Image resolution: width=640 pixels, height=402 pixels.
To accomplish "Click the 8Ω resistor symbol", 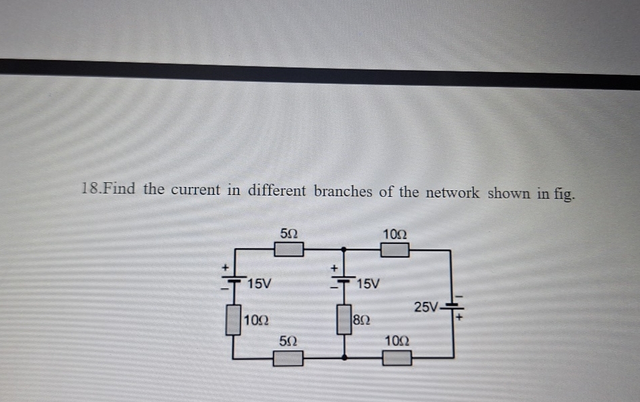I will (x=345, y=321).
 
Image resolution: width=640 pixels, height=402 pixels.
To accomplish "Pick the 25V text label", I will (x=426, y=308).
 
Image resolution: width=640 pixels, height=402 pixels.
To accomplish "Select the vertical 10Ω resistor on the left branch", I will (x=233, y=319).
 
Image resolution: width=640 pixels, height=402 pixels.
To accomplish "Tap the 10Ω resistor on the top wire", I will (x=396, y=250).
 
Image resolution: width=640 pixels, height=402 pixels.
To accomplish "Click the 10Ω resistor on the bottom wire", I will (x=397, y=357).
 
